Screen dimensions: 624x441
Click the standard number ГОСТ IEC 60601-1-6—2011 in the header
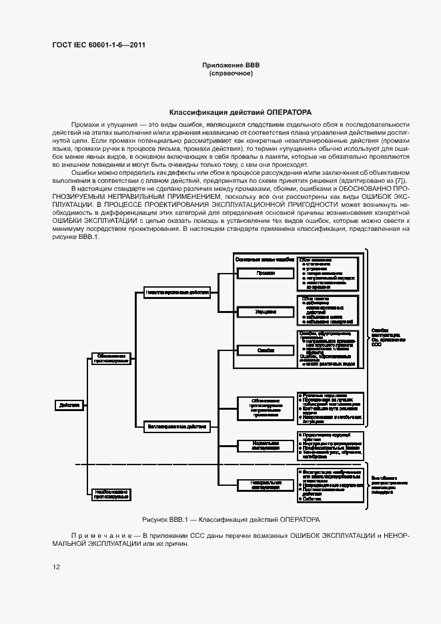point(98,45)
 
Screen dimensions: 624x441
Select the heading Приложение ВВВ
point(231,65)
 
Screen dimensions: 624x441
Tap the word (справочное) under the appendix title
point(231,73)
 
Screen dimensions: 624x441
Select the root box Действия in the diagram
point(70,404)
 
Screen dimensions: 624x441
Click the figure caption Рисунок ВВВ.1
point(231,519)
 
